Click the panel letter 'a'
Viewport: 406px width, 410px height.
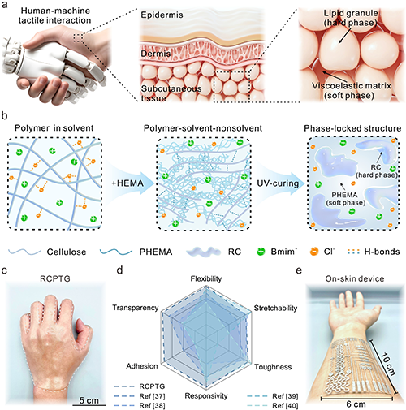[5, 5]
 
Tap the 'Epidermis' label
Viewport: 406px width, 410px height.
[162, 15]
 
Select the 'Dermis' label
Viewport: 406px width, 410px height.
[156, 54]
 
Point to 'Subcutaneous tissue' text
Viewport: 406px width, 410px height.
[171, 93]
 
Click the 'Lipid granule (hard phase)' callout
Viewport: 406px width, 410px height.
[351, 18]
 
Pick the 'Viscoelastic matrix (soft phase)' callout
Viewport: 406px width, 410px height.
[352, 91]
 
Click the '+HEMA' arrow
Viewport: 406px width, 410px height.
[128, 183]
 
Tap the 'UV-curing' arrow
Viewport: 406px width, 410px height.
[279, 183]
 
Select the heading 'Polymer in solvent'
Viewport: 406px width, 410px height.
[54, 128]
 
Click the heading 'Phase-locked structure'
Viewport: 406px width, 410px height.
[352, 128]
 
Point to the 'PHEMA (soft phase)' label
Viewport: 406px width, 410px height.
[344, 199]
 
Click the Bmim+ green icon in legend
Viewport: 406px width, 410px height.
[261, 252]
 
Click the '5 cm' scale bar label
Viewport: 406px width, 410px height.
[89, 400]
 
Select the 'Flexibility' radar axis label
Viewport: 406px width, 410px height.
[206, 278]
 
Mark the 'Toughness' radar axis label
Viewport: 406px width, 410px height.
[273, 367]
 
